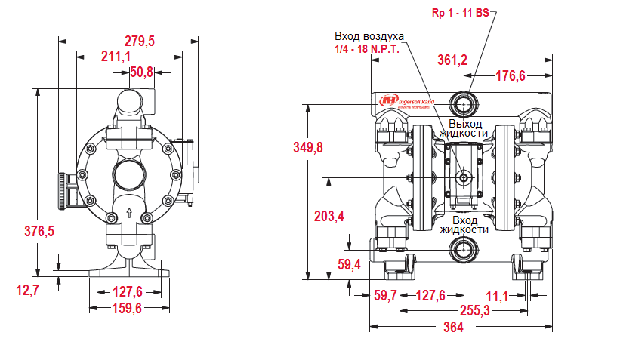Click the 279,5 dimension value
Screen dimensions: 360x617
click(x=139, y=42)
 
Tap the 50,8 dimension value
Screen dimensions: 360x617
click(x=141, y=72)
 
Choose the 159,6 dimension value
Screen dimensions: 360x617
click(x=128, y=308)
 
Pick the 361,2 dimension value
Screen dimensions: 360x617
click(x=452, y=60)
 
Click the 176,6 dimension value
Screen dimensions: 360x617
click(x=510, y=75)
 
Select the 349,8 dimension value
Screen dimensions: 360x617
click(x=308, y=147)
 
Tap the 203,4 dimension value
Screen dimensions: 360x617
click(x=329, y=216)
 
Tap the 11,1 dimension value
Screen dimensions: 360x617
click(x=496, y=294)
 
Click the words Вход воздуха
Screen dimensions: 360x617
click(x=369, y=36)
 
